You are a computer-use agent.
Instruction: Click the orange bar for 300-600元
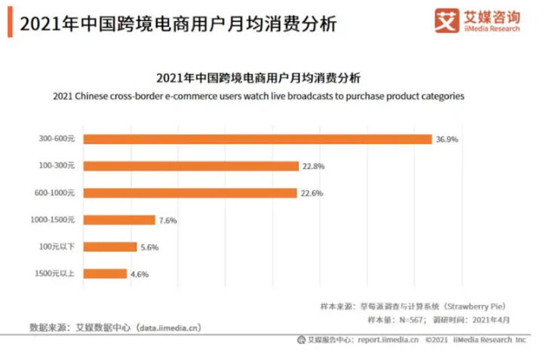[257, 139]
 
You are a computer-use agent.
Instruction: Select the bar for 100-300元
[190, 165]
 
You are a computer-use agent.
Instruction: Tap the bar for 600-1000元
[189, 192]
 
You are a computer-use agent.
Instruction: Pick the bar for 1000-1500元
[118, 220]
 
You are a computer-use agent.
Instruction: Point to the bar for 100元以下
[109, 247]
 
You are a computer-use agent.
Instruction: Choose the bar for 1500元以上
[105, 274]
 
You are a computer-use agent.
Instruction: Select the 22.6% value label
[312, 192]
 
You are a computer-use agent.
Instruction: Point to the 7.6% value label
[168, 220]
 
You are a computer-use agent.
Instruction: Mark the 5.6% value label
[149, 247]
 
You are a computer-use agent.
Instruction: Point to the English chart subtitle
[259, 96]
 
